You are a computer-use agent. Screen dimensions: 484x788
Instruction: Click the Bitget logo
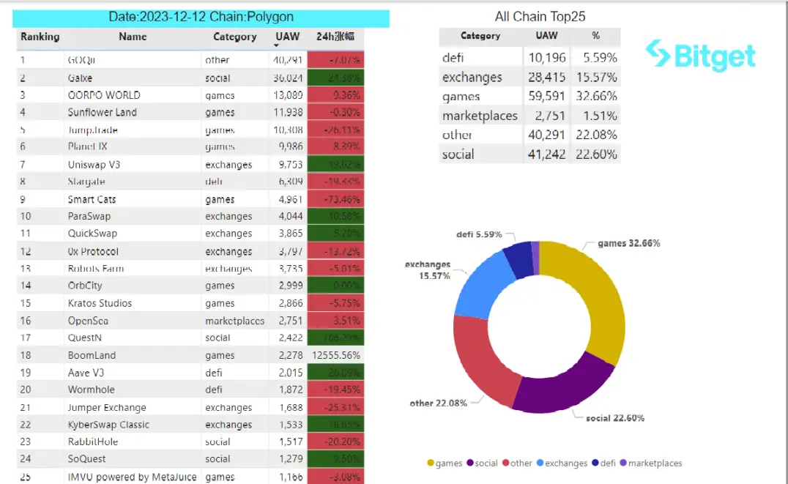[x=701, y=56]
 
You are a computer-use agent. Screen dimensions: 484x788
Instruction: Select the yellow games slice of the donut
[x=596, y=307]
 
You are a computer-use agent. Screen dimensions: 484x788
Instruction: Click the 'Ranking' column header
[x=40, y=37]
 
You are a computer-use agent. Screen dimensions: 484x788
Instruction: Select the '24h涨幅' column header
[x=335, y=37]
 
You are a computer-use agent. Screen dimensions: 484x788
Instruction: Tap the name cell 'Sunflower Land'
[x=102, y=112]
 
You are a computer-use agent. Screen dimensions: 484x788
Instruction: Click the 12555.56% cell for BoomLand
[x=335, y=355]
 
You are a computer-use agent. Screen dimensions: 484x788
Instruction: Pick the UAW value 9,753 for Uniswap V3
[x=288, y=165]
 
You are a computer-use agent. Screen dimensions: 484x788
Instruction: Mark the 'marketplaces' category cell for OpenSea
[x=235, y=321]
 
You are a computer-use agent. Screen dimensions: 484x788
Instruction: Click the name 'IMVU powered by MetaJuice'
[x=132, y=477]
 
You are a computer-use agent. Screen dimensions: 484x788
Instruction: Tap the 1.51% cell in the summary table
[x=601, y=116]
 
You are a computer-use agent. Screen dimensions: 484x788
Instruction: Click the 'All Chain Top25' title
[x=540, y=16]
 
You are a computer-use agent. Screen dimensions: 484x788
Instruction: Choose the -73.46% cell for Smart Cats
[x=335, y=199]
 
